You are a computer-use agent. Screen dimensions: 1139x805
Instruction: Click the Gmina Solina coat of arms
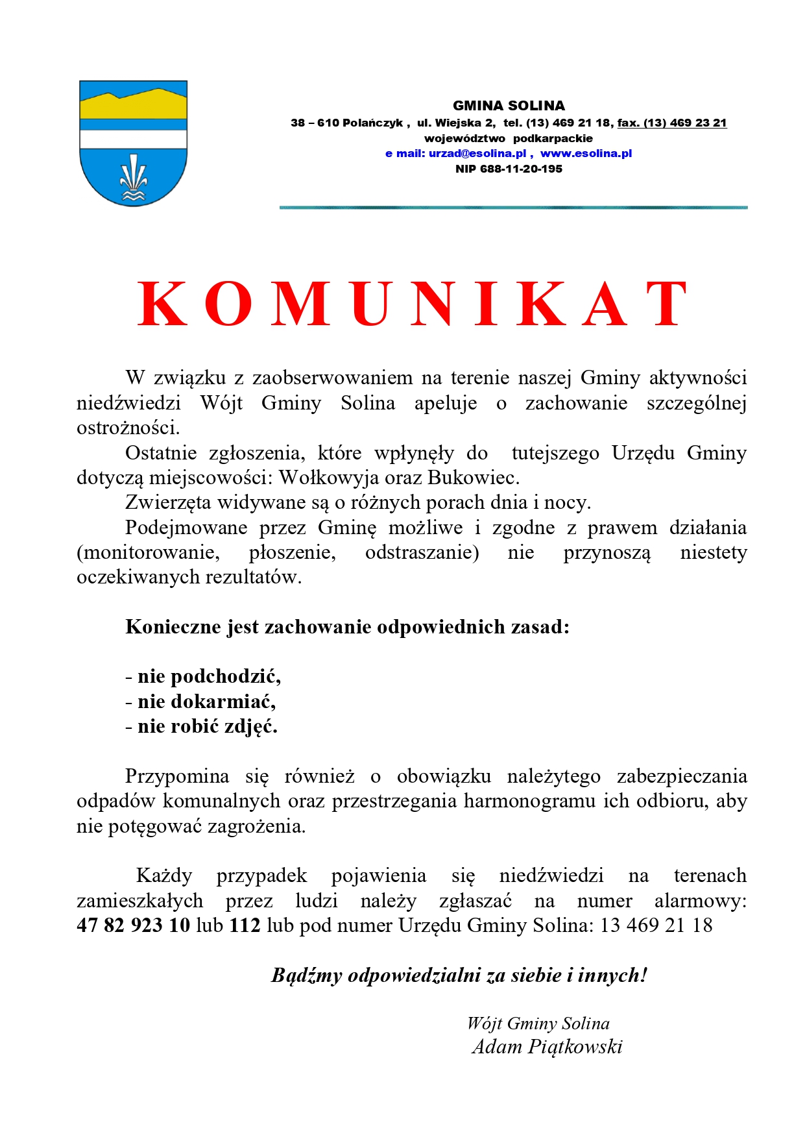point(133,143)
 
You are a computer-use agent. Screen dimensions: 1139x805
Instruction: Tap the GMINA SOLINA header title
point(509,106)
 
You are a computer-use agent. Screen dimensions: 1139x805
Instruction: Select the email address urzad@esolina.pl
point(477,154)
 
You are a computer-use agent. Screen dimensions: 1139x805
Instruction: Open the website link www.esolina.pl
point(586,154)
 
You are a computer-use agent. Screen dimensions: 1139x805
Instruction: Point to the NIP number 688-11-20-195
point(509,169)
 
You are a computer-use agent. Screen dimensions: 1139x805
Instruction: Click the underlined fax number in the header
point(671,123)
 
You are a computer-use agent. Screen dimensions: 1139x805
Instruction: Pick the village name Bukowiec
point(473,478)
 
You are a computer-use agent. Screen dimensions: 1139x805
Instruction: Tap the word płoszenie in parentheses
point(292,552)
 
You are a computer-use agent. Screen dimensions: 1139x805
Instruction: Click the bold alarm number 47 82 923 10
point(134,925)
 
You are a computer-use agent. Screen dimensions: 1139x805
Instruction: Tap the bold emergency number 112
point(245,925)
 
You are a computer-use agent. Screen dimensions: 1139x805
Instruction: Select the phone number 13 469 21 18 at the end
point(656,925)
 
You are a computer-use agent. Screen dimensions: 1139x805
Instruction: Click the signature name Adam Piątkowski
point(547,1046)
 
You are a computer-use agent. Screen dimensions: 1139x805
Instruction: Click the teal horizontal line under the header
point(513,207)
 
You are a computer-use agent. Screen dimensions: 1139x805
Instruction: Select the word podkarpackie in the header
point(553,138)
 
